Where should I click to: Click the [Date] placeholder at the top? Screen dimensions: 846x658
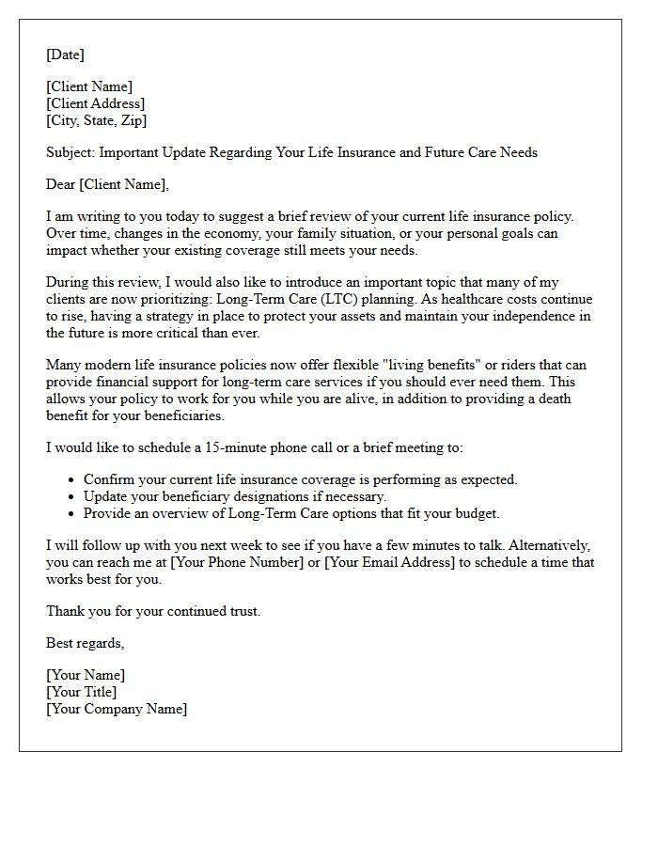pos(65,55)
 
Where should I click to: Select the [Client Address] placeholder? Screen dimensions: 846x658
pos(95,103)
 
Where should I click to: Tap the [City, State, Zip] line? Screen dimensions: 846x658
pos(96,120)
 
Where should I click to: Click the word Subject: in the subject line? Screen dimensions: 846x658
pos(70,152)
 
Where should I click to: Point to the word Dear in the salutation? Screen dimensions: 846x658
pos(61,184)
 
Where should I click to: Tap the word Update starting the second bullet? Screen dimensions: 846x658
pos(107,496)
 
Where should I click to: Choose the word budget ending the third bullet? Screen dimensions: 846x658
pos(474,513)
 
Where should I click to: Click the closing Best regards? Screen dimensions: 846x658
pos(85,643)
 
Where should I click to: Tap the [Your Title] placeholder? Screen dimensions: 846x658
pos(82,692)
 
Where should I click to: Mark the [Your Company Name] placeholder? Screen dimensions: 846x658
pos(116,709)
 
